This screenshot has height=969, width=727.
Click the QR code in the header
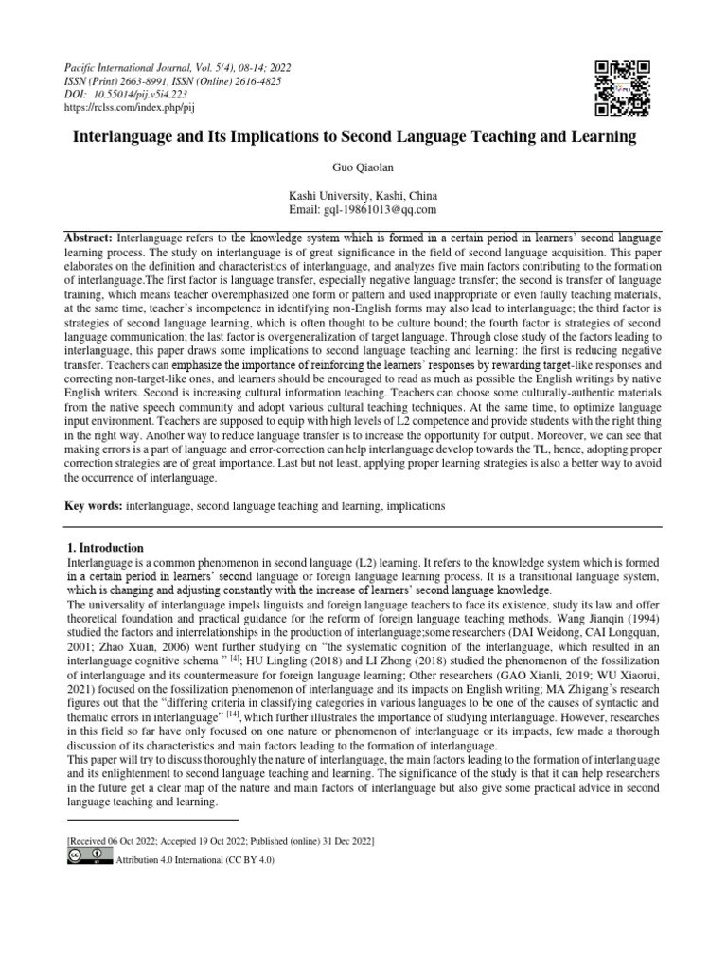pyautogui.click(x=622, y=87)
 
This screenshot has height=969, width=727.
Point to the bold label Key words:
pyautogui.click(x=93, y=506)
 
